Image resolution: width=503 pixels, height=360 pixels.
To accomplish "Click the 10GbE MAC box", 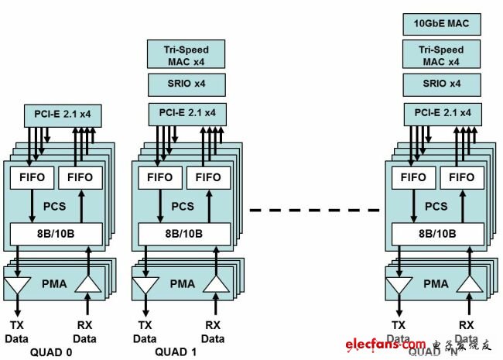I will pos(442,24).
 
